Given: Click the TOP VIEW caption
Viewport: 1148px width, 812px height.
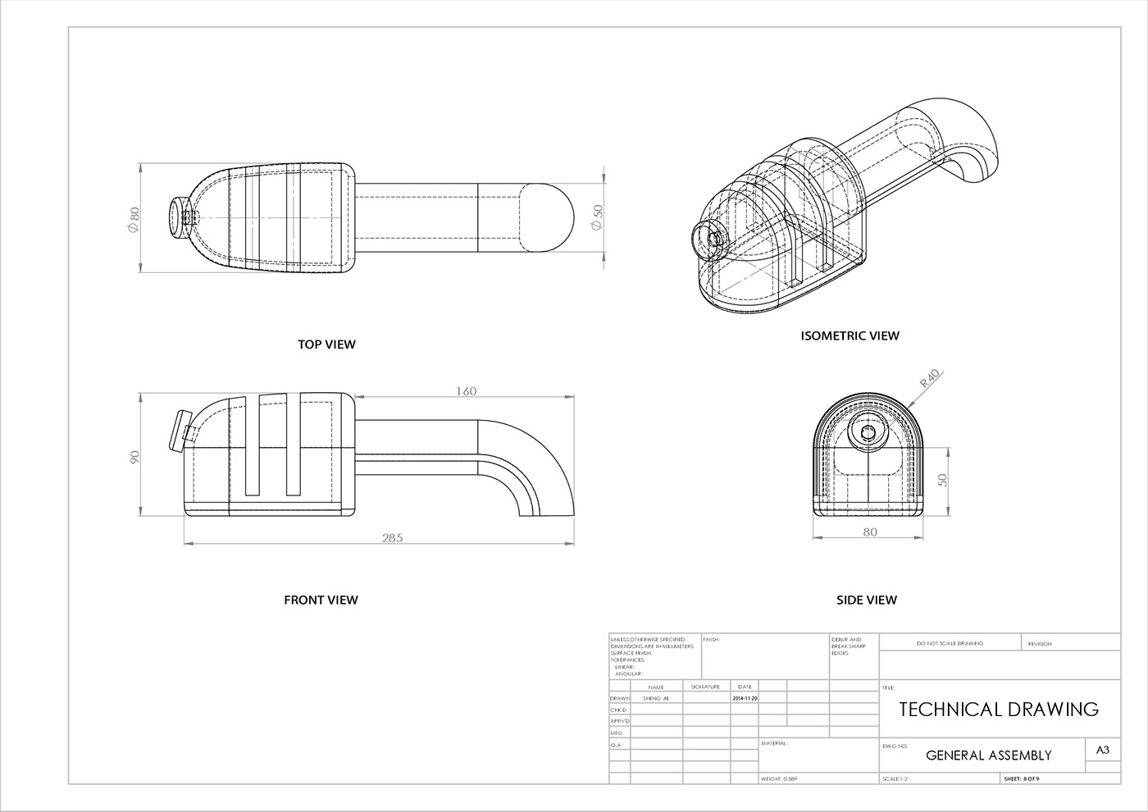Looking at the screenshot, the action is coord(326,344).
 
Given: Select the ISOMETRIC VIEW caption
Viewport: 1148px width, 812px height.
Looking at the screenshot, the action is coord(850,335).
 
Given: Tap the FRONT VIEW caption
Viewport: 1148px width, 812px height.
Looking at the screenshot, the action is coord(321,600).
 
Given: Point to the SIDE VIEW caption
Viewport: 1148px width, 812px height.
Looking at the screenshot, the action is coord(866,600).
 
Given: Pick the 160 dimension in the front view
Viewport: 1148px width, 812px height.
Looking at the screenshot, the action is coord(465,392).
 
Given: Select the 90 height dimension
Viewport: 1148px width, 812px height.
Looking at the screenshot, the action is coord(135,457).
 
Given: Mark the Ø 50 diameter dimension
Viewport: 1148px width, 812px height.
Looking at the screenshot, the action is coord(597,217).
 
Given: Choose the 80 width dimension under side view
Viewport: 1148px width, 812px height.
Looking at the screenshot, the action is coord(870,532).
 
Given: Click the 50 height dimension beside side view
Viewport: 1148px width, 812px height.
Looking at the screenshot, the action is coord(943,479).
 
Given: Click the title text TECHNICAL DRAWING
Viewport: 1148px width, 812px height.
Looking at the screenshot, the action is coord(999,709).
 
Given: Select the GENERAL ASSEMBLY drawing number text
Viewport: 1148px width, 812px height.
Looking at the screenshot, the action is coord(988,755).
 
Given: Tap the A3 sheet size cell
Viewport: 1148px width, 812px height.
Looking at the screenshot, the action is coord(1102,750).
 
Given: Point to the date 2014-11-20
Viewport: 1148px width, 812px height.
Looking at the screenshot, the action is coord(745,698).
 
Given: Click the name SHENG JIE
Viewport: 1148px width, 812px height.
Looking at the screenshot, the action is coord(656,698).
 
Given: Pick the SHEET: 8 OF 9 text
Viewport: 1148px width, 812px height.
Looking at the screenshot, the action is coord(1022,778).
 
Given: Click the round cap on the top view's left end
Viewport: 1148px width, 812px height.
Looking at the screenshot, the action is coord(175,218).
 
